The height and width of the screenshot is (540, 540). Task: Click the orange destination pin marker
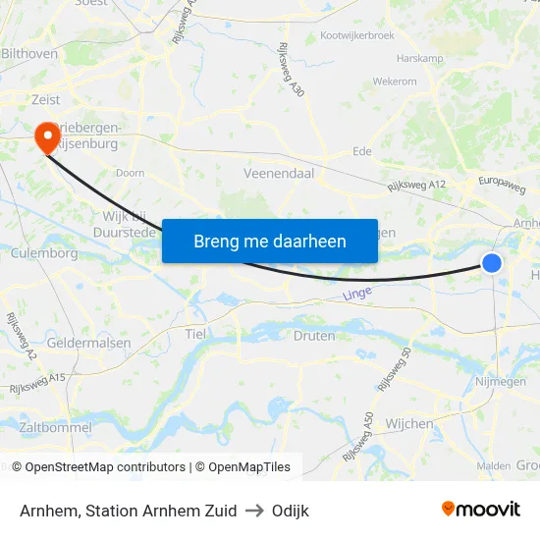46,137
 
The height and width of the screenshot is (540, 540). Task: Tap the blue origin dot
492,262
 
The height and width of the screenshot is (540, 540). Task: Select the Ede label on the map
362,152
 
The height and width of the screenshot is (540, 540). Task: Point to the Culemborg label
43,253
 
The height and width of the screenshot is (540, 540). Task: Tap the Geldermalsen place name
89,343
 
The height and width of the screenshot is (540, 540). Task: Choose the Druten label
314,335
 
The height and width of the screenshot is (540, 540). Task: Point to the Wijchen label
410,424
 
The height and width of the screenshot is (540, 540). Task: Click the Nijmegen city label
501,381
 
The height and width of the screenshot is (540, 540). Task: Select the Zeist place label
45,99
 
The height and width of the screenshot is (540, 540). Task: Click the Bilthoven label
30,53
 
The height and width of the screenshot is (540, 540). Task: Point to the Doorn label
130,173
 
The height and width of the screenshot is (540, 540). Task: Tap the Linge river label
358,294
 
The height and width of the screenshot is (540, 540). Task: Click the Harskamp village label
420,59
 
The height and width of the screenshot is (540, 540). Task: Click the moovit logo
480,509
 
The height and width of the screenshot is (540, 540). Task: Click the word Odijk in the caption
290,511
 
